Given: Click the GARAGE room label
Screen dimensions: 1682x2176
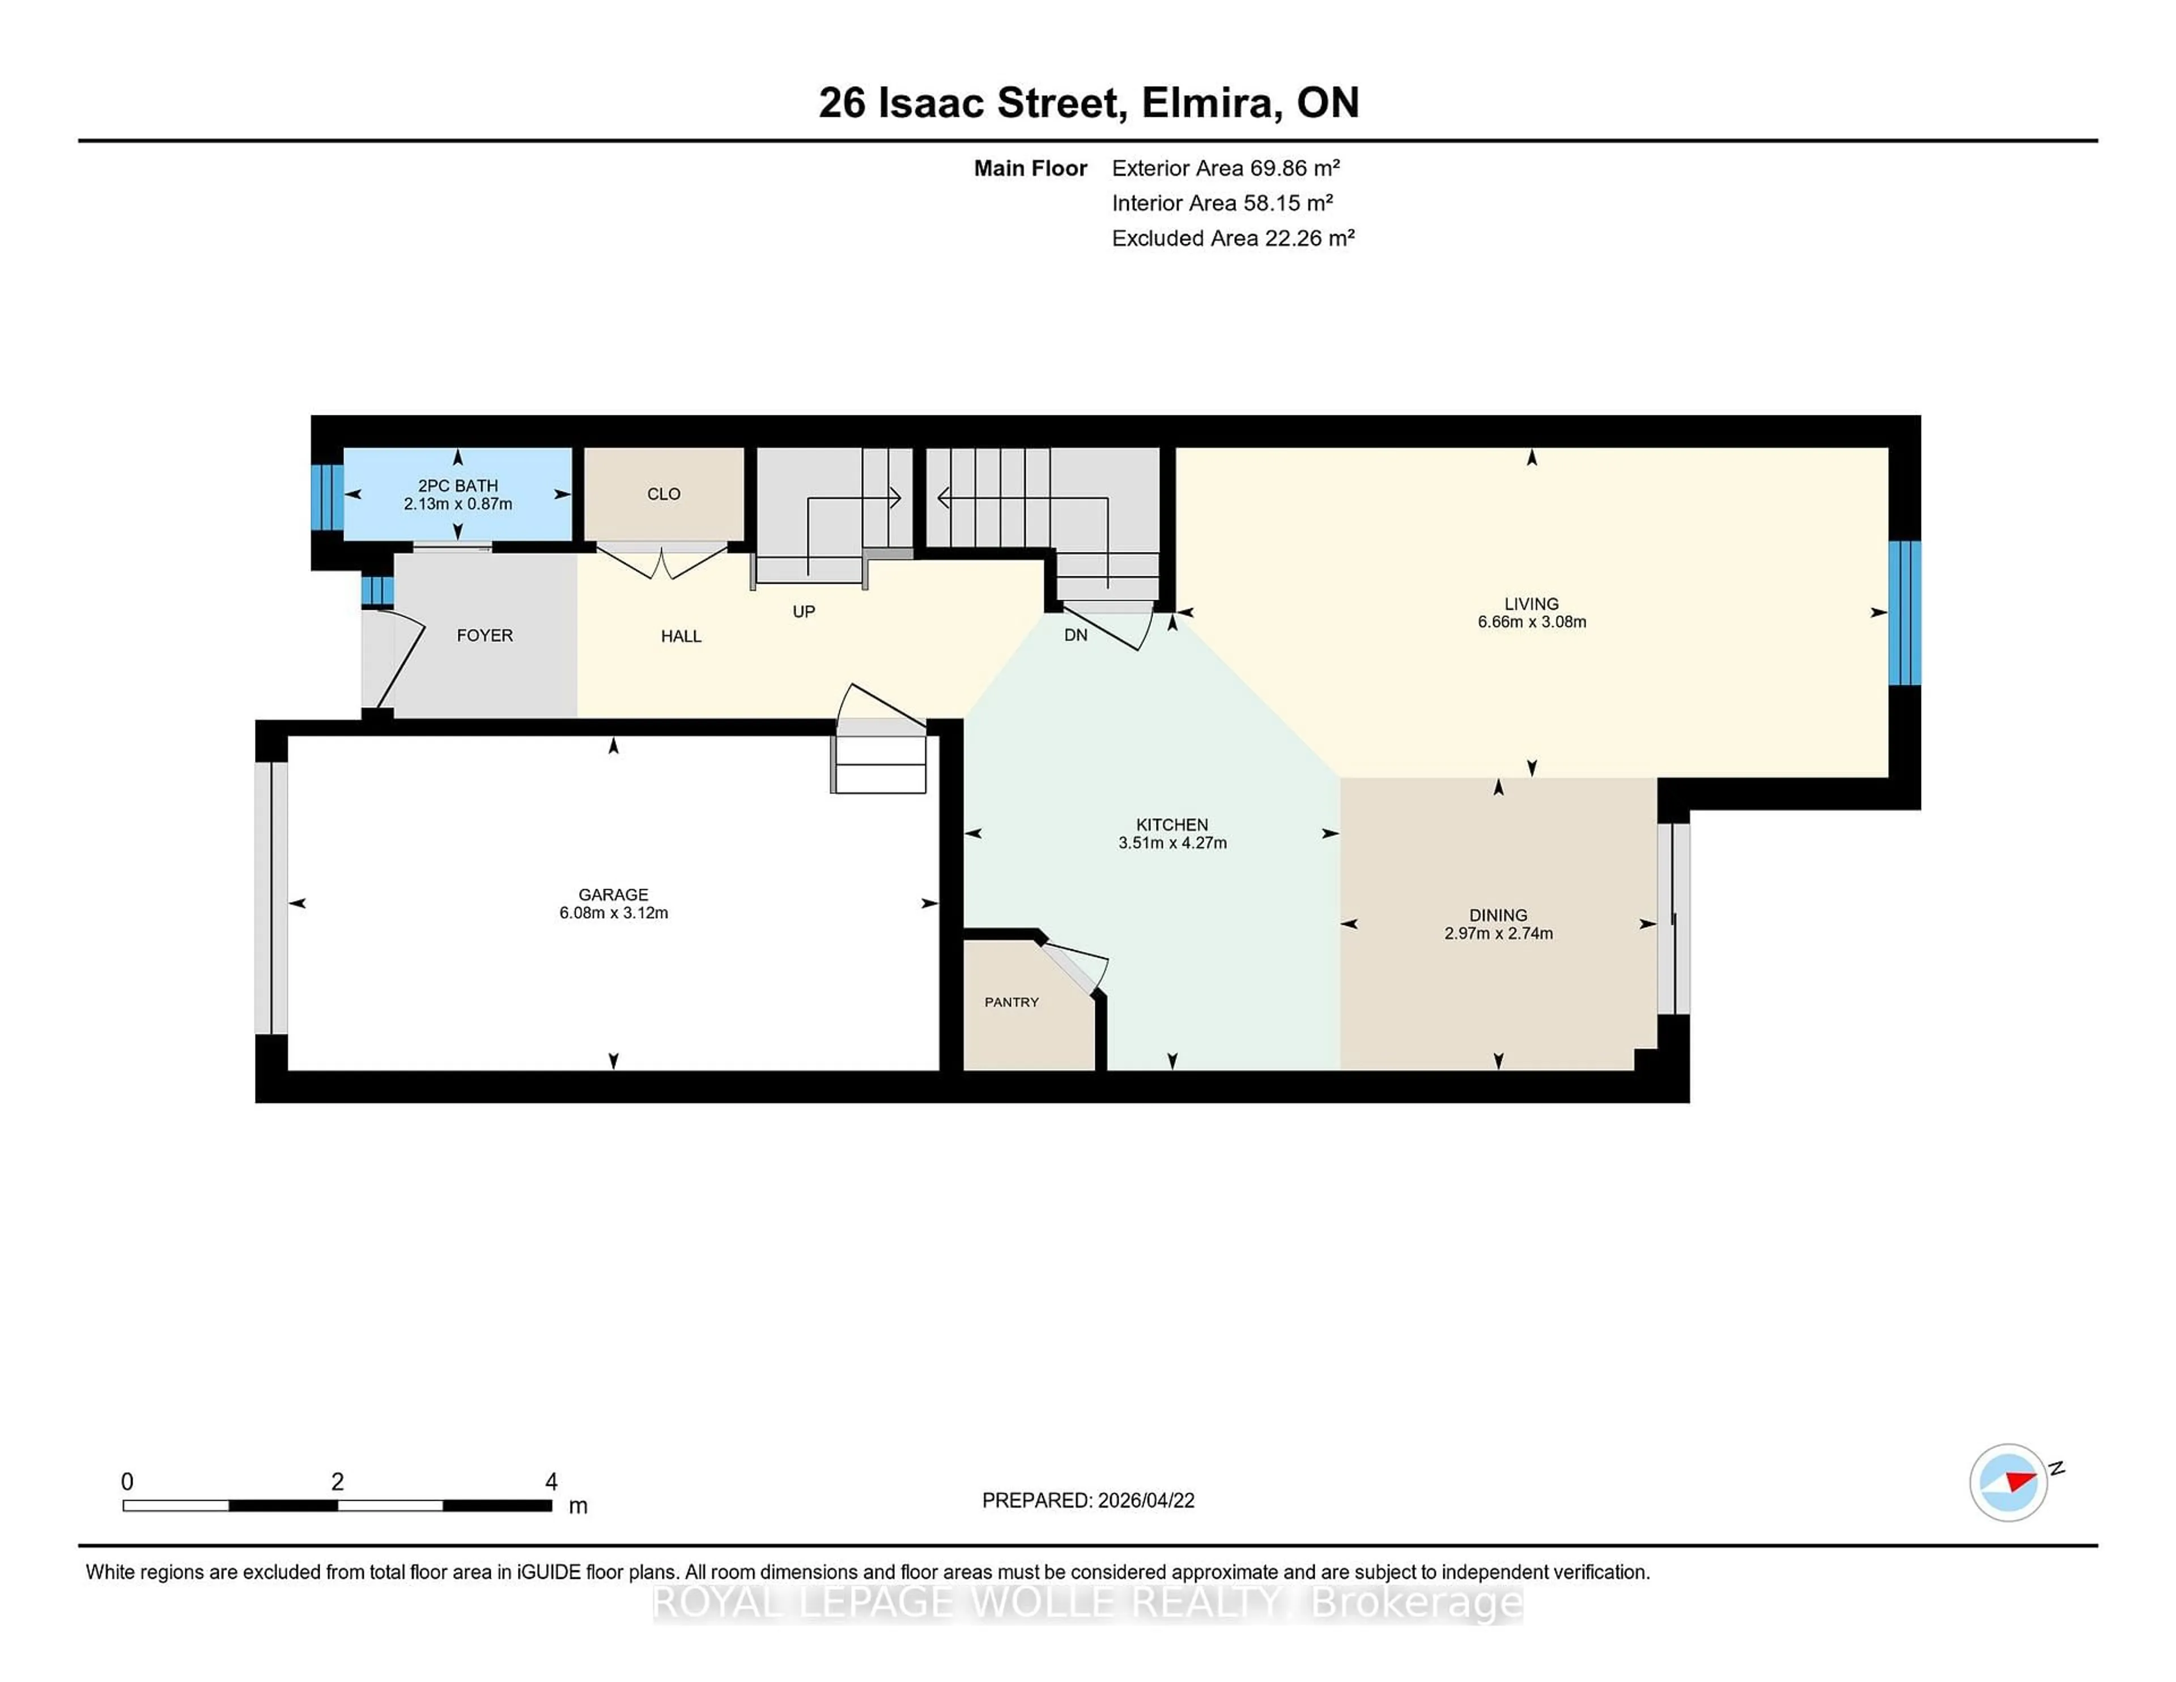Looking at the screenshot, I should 613,894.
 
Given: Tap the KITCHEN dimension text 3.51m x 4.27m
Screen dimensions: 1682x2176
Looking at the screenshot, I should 1172,843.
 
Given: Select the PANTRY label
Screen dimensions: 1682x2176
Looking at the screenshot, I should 1011,1001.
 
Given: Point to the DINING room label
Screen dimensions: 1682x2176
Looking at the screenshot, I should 1498,915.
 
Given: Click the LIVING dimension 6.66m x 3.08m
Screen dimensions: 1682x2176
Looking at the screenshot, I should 1531,622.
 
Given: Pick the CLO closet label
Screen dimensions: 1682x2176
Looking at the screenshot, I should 664,494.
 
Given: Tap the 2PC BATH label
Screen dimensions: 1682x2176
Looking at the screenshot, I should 457,485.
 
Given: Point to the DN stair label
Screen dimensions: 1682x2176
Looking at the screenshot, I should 1075,635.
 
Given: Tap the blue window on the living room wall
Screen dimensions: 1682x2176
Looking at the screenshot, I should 1904,613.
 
